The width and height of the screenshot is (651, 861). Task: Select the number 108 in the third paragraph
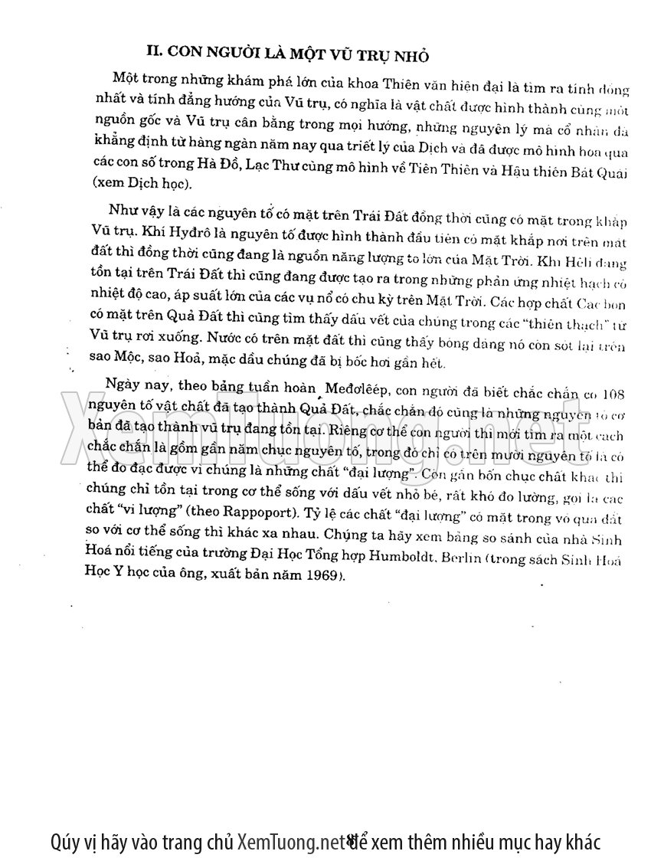pos(613,396)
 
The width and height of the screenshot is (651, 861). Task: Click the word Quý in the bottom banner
pos(66,841)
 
